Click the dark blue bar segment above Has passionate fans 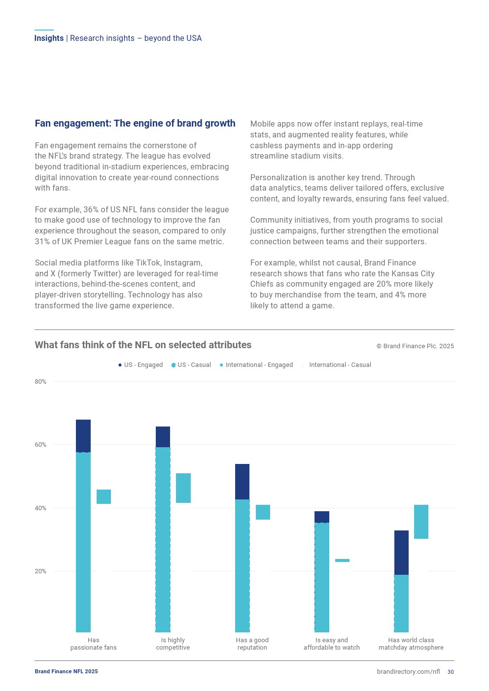click(x=83, y=435)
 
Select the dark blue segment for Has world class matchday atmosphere click(x=401, y=552)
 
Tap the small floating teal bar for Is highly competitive click(x=183, y=488)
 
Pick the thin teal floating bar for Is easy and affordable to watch click(x=342, y=560)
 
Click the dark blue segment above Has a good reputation click(x=242, y=481)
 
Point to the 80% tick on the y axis click(x=40, y=382)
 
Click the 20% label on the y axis click(x=40, y=571)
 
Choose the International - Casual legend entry click(x=340, y=365)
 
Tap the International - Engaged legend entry click(x=259, y=365)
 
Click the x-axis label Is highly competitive click(x=173, y=644)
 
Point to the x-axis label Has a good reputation click(x=252, y=644)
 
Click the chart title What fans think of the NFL click(x=143, y=345)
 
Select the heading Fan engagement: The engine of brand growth click(x=135, y=123)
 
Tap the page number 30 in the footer click(x=451, y=672)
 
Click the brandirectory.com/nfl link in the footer click(x=408, y=672)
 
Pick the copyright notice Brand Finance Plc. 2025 click(x=415, y=346)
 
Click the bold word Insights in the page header click(x=49, y=38)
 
